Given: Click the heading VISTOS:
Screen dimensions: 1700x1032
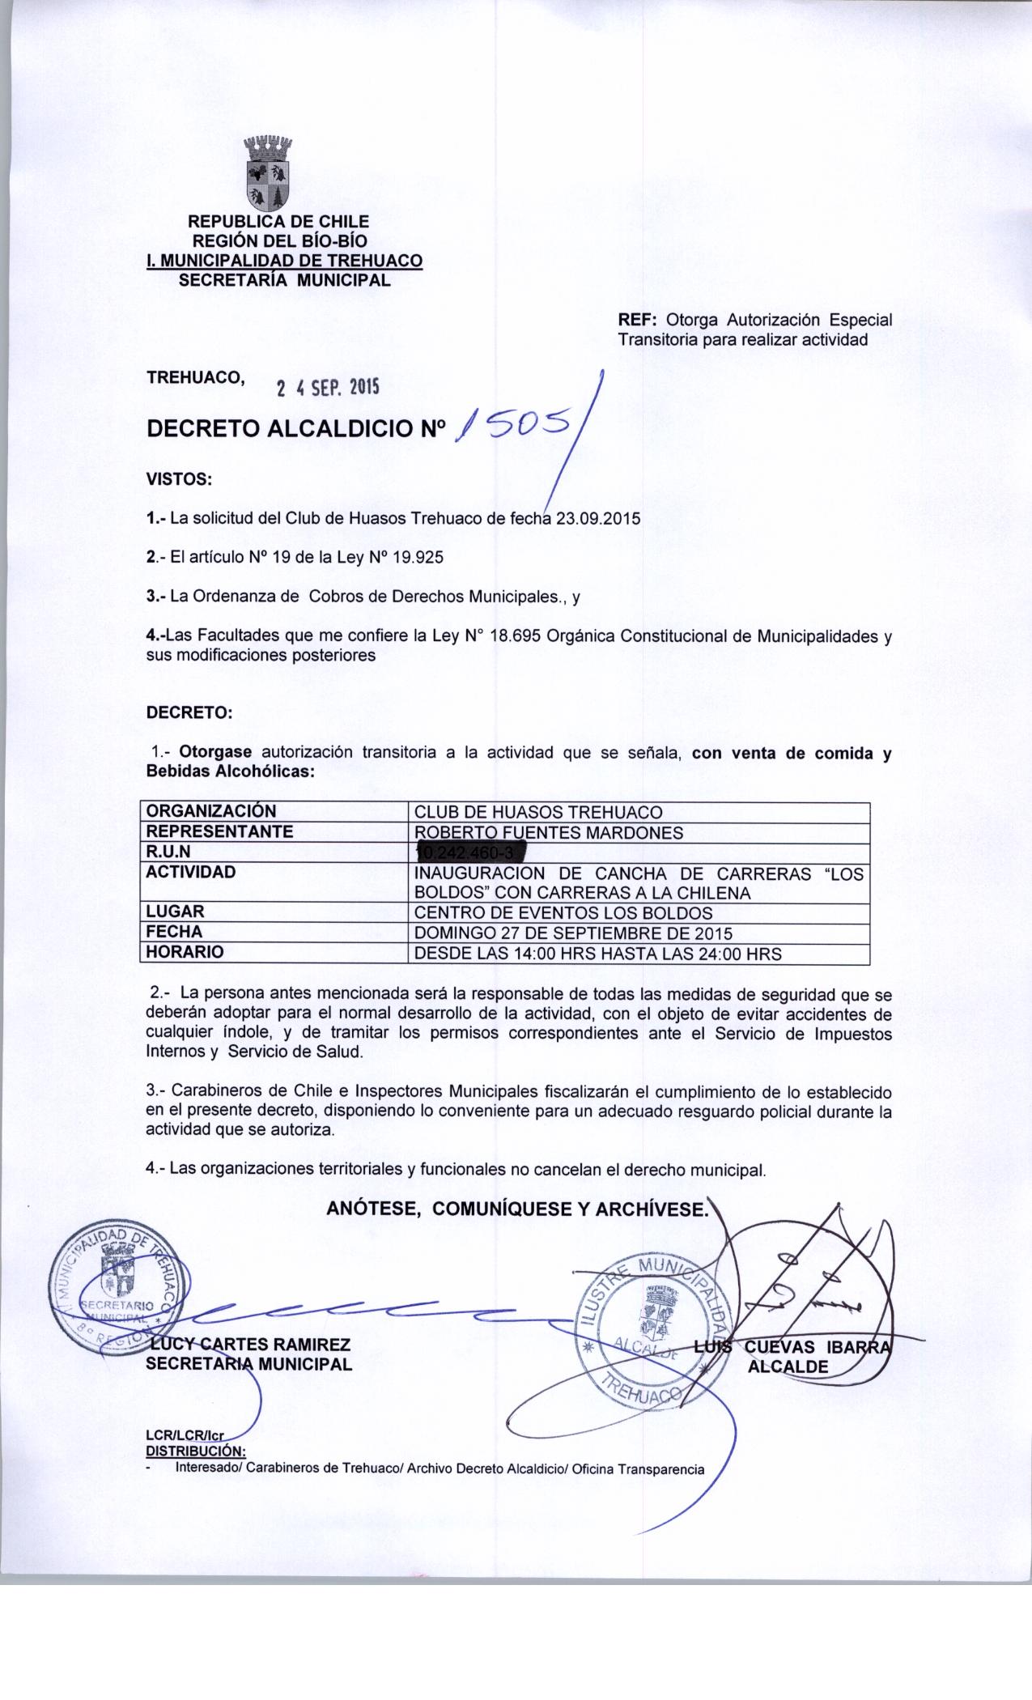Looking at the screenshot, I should point(179,479).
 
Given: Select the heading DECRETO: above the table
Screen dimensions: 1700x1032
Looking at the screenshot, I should point(189,713).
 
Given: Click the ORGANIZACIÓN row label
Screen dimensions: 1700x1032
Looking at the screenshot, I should point(210,811).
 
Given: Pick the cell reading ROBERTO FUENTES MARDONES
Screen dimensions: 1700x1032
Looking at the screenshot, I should point(549,832).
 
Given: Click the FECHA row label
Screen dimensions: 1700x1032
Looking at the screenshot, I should point(174,933).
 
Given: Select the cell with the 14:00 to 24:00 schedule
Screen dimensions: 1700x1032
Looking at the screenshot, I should point(597,954).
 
